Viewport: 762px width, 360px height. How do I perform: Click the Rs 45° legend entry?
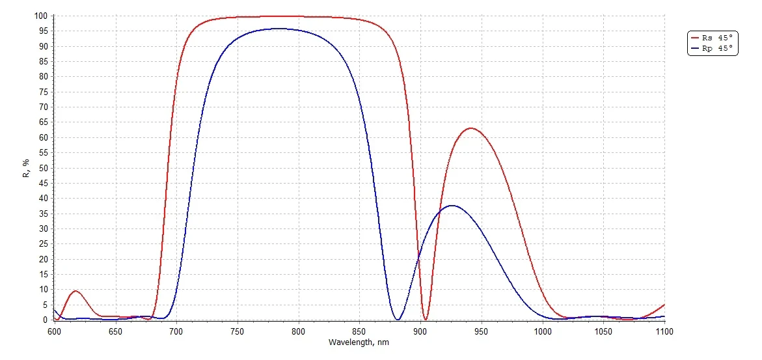pyautogui.click(x=712, y=38)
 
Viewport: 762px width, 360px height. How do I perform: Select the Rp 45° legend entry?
pyautogui.click(x=712, y=48)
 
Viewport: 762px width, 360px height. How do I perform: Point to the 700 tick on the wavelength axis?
pyautogui.click(x=176, y=332)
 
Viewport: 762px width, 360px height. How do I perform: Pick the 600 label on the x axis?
pyautogui.click(x=54, y=332)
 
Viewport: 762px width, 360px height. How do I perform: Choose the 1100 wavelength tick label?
pyautogui.click(x=664, y=332)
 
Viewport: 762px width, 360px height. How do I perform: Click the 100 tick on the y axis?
pyautogui.click(x=41, y=16)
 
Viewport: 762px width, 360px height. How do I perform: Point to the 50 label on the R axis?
pyautogui.click(x=43, y=168)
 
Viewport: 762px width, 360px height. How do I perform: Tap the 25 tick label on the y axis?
pyautogui.click(x=43, y=244)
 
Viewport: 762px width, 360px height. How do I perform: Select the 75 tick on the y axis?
pyautogui.click(x=43, y=92)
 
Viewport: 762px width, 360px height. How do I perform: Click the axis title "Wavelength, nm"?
pyautogui.click(x=359, y=342)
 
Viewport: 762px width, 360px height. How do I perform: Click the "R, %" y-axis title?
pyautogui.click(x=27, y=168)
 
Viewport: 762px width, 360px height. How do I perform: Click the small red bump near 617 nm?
pyautogui.click(x=75, y=291)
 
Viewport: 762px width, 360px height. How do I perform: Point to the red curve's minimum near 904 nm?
pyautogui.click(x=426, y=319)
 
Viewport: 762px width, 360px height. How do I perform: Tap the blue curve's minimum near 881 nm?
pyautogui.click(x=398, y=319)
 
